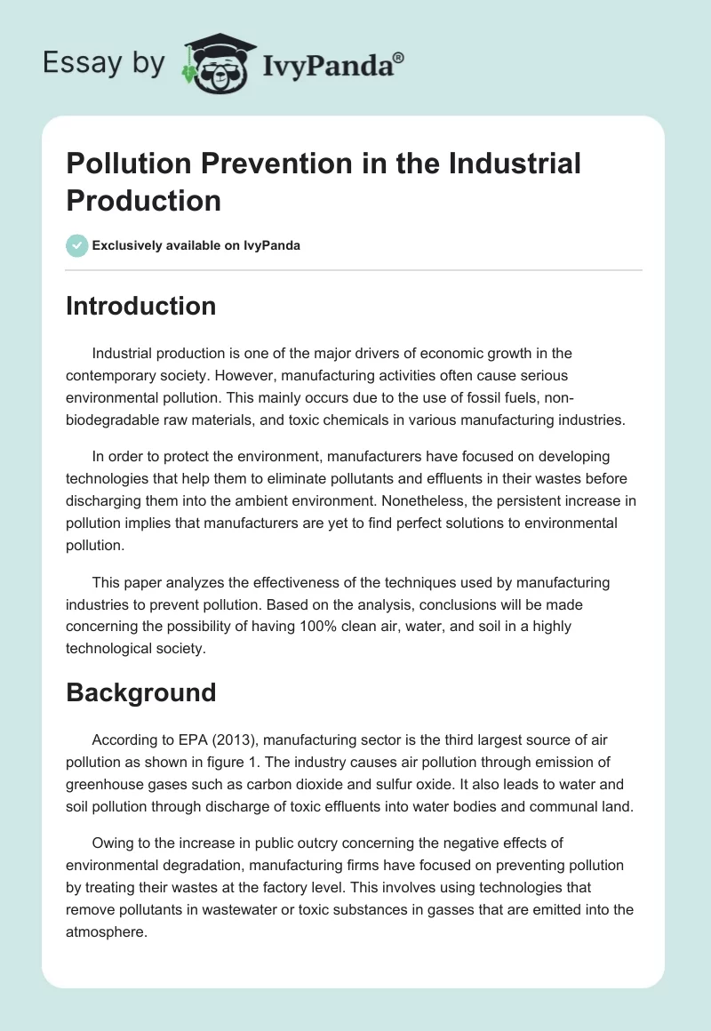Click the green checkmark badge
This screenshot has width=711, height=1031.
tap(77, 245)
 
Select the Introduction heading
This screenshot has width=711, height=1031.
tap(141, 306)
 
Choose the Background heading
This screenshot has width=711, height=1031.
tap(140, 692)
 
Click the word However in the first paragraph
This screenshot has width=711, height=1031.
tap(272, 375)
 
